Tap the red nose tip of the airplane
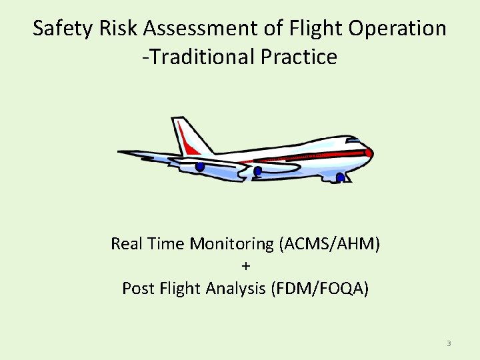point(369,153)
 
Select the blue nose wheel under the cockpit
point(340,177)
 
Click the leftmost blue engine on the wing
point(200,167)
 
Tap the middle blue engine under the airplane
point(258,171)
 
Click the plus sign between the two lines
point(245,266)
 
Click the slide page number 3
point(449,343)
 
